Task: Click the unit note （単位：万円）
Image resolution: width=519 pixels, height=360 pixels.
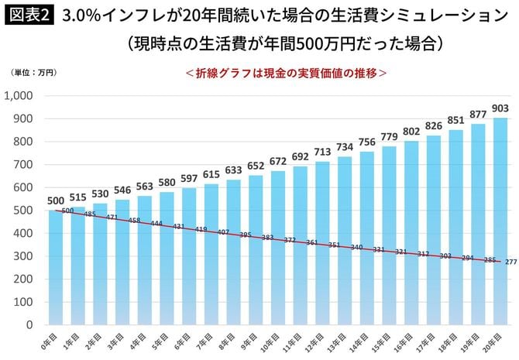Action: [x=34, y=73]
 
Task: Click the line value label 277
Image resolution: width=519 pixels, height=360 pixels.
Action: [x=510, y=262]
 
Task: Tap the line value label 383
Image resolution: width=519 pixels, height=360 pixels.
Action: [x=268, y=237]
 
